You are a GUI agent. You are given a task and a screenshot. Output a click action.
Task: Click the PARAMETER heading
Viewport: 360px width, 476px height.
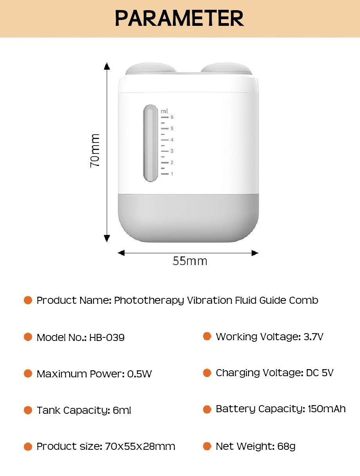coord(179,18)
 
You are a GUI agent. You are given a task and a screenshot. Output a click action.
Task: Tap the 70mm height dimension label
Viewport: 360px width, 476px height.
coord(95,150)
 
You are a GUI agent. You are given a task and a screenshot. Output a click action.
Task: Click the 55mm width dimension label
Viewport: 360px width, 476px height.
coord(190,261)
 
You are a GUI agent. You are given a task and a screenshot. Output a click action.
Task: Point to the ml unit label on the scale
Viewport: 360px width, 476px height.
coord(164,111)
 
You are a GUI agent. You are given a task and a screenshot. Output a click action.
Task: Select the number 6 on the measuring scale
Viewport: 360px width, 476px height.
coord(172,117)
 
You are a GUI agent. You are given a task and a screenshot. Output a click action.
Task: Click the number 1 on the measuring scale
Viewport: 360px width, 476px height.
coord(172,174)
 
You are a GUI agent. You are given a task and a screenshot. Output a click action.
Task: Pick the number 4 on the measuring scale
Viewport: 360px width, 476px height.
coord(172,140)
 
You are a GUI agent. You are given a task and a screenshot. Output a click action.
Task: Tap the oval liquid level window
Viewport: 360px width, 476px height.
coord(151,143)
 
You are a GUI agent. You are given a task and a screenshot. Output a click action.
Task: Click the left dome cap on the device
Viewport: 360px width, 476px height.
coord(151,68)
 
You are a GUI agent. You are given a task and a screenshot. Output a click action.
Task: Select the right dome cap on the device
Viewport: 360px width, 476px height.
coord(226,68)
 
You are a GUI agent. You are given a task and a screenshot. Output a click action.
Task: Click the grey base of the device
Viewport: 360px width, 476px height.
coord(188,218)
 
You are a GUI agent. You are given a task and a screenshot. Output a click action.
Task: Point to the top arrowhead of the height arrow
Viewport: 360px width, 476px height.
coord(107,66)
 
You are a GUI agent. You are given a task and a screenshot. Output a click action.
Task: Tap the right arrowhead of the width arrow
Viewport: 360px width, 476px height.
coord(255,253)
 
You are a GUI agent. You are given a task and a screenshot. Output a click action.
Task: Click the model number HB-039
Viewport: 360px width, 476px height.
coord(107,337)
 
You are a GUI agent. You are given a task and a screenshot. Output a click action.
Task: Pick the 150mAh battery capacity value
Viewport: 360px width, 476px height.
coord(327,409)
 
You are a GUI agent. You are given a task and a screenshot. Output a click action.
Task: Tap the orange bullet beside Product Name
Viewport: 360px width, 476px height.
coord(28,300)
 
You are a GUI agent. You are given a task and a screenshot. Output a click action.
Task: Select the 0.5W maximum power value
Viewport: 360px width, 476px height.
coord(139,374)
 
